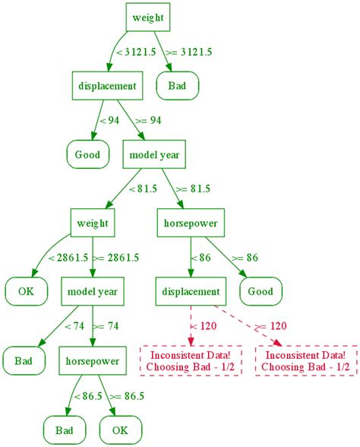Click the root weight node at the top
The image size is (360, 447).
[x=147, y=17]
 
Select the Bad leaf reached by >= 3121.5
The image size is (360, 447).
[x=177, y=86]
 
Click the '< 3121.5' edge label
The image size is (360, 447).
[x=131, y=52]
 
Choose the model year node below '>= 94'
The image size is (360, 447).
[x=153, y=155]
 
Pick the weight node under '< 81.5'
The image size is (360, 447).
[x=93, y=223]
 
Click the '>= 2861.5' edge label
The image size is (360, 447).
[x=115, y=258]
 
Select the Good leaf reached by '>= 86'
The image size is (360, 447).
[x=261, y=291]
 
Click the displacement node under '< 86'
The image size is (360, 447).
[x=191, y=291]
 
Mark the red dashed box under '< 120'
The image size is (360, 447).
[x=191, y=360]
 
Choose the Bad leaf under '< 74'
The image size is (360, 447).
[x=23, y=360]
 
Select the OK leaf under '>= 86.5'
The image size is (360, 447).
[x=120, y=430]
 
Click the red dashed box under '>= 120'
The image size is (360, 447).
[x=305, y=360]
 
